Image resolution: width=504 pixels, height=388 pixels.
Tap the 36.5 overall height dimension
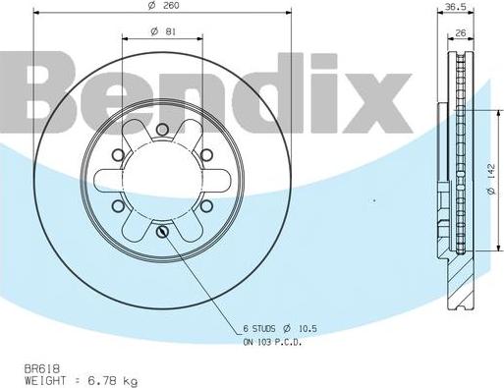(455, 7)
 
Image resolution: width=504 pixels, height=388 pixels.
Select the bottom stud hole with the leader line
(162, 232)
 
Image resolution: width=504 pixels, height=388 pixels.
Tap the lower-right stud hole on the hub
(206, 205)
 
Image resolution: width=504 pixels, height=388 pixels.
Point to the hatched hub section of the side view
(460, 275)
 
